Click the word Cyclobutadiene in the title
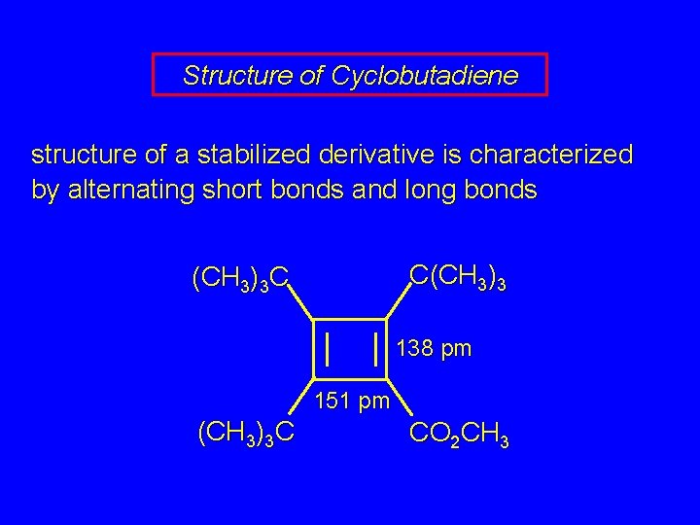(424, 75)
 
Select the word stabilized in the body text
(257, 155)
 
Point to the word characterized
(551, 155)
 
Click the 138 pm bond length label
(434, 348)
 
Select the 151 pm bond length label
(353, 401)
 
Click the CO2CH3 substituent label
(459, 434)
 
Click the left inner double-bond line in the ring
(331, 347)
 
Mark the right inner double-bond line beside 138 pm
(376, 347)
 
